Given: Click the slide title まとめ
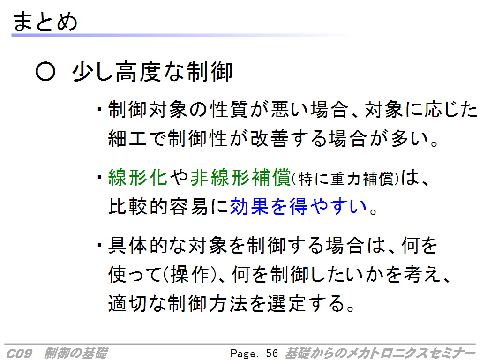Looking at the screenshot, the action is (x=45, y=22).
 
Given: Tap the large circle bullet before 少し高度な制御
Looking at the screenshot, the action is (x=45, y=72).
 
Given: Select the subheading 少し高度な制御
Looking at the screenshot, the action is (x=152, y=72).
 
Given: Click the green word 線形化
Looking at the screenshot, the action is (x=137, y=177).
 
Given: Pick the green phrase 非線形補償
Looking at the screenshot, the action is (x=240, y=177).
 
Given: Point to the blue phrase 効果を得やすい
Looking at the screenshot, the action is (x=299, y=206).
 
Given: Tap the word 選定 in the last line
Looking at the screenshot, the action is (x=286, y=303).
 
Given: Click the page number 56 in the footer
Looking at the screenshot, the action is (x=272, y=353).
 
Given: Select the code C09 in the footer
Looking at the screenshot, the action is (x=19, y=353).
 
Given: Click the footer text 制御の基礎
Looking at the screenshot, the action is (x=75, y=353).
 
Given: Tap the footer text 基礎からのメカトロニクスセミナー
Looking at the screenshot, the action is (x=380, y=353).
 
